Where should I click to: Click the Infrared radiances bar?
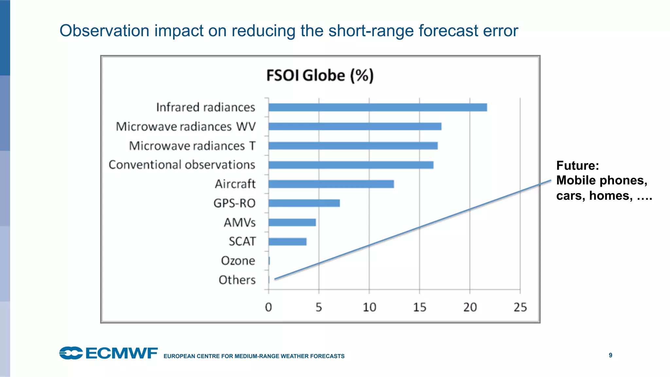[x=378, y=107]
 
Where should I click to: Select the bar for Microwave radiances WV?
[x=355, y=126]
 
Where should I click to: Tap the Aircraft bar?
[x=331, y=184]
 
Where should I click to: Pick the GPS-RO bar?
[x=304, y=203]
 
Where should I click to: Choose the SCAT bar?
[x=287, y=242]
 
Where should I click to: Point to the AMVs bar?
[x=292, y=222]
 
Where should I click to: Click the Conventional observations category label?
[x=182, y=165]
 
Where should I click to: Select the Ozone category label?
[x=238, y=261]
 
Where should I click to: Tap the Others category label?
[x=237, y=280]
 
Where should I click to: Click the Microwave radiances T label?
[x=192, y=146]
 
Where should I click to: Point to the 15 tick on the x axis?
[x=419, y=307]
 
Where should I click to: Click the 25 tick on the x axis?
[x=520, y=307]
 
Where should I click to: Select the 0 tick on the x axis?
[x=269, y=307]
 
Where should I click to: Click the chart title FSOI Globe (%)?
[x=320, y=76]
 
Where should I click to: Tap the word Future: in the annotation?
[x=577, y=165]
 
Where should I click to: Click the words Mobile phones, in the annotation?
[x=601, y=180]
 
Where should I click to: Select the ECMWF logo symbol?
[x=71, y=353]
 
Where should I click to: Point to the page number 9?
[x=610, y=355]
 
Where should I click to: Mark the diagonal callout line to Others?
[x=412, y=230]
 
